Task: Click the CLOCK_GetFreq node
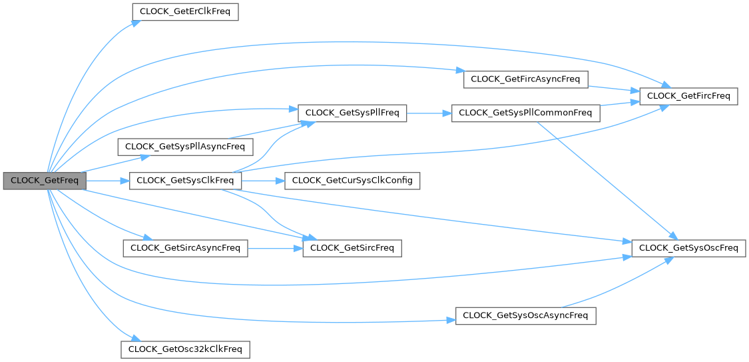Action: (45, 181)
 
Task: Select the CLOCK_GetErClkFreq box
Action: (185, 12)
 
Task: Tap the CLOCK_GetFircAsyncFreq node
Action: (525, 79)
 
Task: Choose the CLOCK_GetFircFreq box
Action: (688, 96)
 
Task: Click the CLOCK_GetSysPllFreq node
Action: (352, 113)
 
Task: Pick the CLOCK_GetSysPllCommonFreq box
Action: (525, 113)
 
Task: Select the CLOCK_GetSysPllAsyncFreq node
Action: (185, 146)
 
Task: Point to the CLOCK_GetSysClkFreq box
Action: (185, 181)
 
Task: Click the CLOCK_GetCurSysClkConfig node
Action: (352, 181)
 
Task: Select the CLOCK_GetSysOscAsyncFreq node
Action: (525, 315)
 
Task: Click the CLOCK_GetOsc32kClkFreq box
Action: (185, 349)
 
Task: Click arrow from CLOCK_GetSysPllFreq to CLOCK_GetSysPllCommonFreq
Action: (428, 113)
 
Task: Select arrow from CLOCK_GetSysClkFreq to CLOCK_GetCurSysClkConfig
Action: (262, 181)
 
